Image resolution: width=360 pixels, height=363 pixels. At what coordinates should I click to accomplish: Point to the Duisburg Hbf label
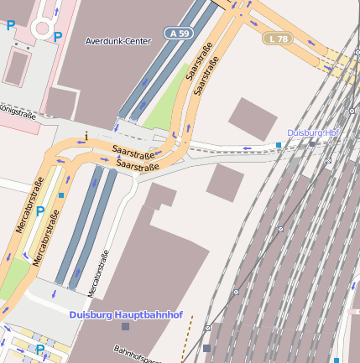click(x=311, y=133)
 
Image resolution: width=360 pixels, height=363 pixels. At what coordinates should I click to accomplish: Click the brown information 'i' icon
click(x=86, y=134)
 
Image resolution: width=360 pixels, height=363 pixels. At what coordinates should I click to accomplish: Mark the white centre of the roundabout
click(x=39, y=28)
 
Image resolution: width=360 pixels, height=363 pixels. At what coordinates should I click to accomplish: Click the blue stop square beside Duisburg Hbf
click(x=279, y=145)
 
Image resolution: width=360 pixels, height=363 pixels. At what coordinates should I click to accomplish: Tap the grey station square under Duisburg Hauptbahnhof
click(x=125, y=326)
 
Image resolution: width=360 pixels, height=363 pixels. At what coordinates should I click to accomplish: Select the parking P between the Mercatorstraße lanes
click(x=39, y=211)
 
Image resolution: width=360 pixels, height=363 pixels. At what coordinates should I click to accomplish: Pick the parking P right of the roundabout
click(x=58, y=36)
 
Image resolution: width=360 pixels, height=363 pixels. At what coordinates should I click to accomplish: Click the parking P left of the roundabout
click(x=11, y=26)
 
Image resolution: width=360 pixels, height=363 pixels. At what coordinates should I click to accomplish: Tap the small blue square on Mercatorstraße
click(x=61, y=195)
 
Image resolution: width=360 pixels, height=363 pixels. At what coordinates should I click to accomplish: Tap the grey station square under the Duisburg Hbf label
click(x=311, y=143)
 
